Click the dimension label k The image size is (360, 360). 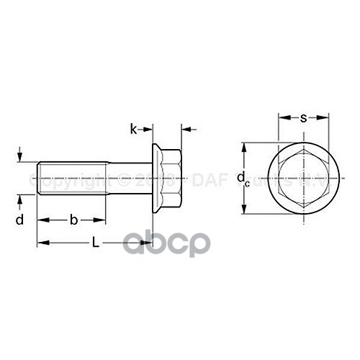(133, 129)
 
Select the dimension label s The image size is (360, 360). (303, 116)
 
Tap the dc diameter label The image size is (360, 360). (246, 178)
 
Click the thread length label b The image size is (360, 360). (73, 219)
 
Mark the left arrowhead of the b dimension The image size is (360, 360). (40, 220)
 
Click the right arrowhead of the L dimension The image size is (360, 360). (149, 243)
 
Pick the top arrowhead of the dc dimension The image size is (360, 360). (246, 147)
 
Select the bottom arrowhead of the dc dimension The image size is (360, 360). (246, 210)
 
